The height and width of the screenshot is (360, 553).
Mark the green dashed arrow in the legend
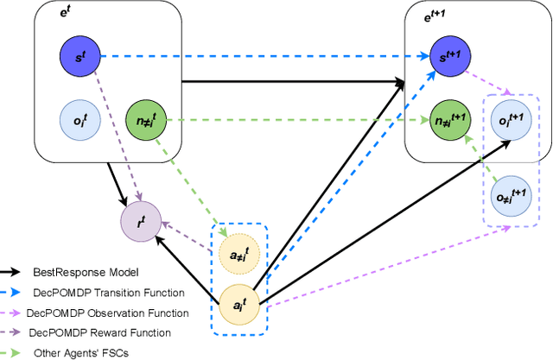15,352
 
